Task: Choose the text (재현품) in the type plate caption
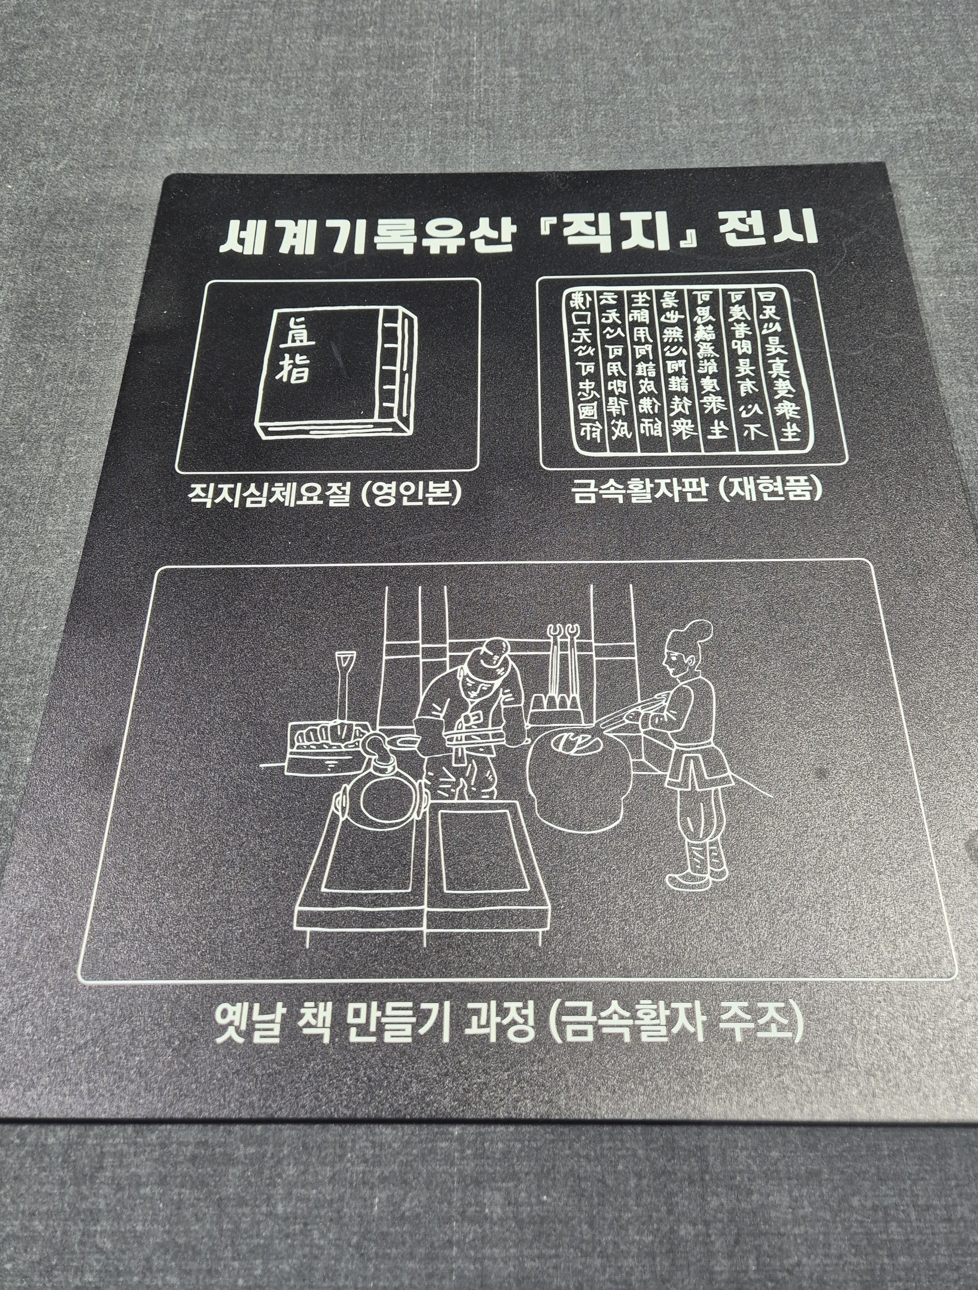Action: click(770, 489)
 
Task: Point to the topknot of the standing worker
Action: click(697, 630)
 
